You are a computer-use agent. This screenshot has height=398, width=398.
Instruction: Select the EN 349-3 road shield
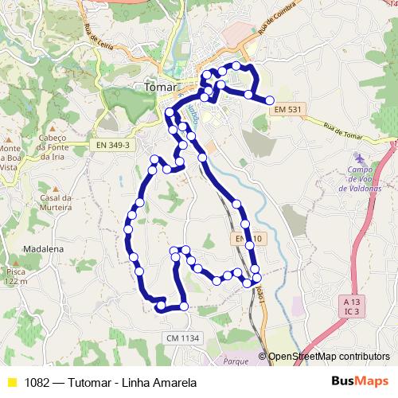click(112, 145)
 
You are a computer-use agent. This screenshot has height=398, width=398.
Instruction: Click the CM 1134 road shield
click(182, 339)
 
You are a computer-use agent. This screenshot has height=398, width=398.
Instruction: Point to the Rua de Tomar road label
click(341, 131)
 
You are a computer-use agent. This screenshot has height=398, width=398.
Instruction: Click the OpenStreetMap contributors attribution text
click(328, 357)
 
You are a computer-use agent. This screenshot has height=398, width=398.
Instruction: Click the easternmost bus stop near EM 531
click(270, 100)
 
